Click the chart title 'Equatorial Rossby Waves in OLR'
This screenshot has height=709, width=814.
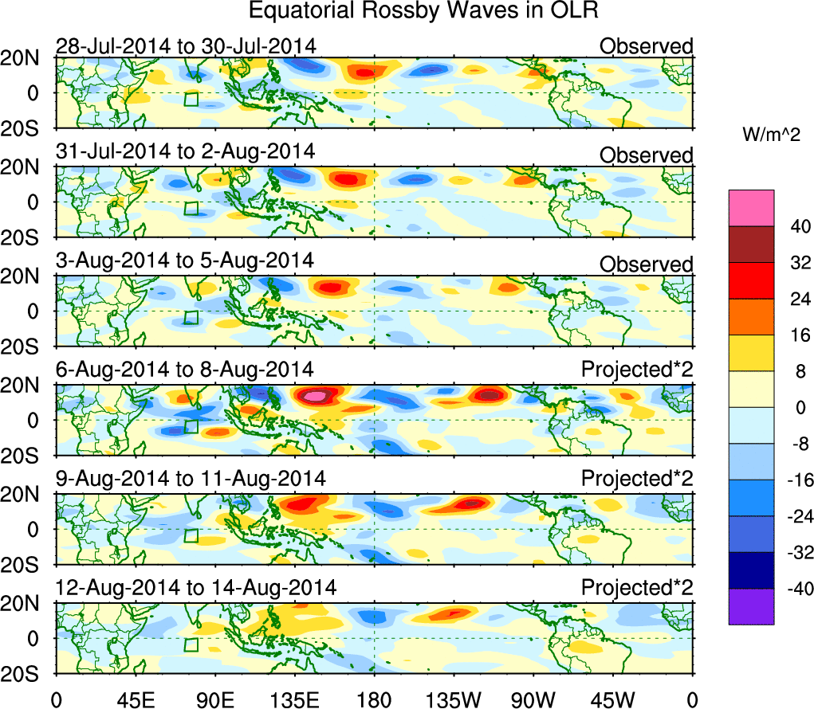coord(423,12)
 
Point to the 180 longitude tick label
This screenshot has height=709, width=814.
coord(374,699)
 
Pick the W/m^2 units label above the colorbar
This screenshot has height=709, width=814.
coord(771,136)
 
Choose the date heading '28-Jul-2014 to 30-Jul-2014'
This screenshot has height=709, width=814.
coord(186,46)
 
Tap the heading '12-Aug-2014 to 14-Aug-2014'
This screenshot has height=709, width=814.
coord(196,588)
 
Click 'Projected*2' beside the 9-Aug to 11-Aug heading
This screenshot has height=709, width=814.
coord(637,479)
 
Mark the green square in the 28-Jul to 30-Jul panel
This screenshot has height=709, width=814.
coord(191,99)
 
